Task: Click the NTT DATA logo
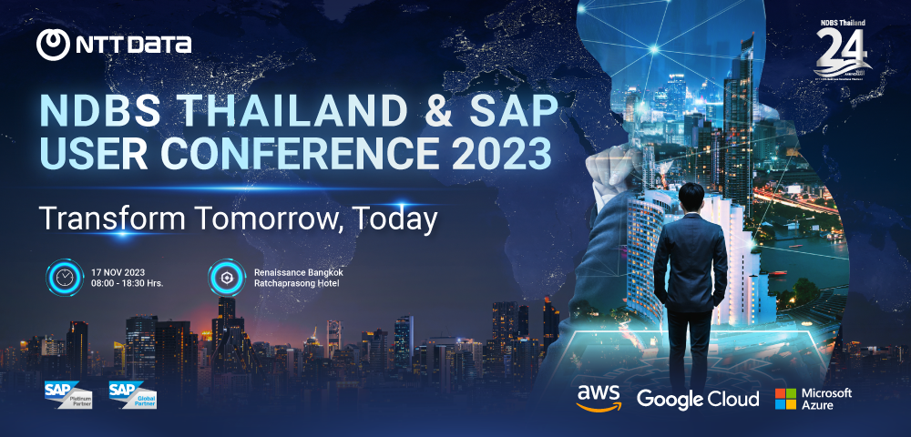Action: (114, 43)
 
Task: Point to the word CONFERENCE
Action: (284, 153)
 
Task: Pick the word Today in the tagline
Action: (396, 218)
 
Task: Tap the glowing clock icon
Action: (64, 277)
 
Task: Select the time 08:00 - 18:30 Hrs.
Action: (128, 283)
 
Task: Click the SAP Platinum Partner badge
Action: (67, 394)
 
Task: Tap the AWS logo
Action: (599, 397)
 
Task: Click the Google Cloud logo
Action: (697, 399)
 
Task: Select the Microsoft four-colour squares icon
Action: (785, 399)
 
